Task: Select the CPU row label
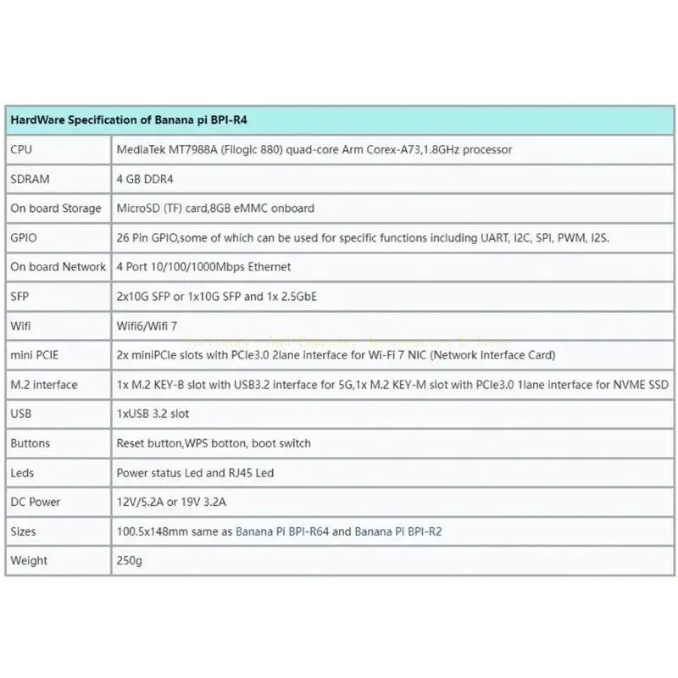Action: pyautogui.click(x=22, y=149)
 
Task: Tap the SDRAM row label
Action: pyautogui.click(x=31, y=179)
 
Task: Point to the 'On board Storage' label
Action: pyautogui.click(x=56, y=208)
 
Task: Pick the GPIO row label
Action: pyautogui.click(x=24, y=238)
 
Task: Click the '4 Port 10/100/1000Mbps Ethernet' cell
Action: pyautogui.click(x=203, y=267)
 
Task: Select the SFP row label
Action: pyautogui.click(x=19, y=297)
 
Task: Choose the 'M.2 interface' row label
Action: pyautogui.click(x=44, y=385)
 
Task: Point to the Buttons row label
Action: pyautogui.click(x=31, y=443)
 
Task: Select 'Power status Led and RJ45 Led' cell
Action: pyautogui.click(x=195, y=473)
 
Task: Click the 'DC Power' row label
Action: pyautogui.click(x=36, y=502)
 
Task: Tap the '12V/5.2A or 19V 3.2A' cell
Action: pyautogui.click(x=173, y=502)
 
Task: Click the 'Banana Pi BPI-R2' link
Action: pyautogui.click(x=398, y=531)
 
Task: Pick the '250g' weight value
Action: pyautogui.click(x=128, y=560)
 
